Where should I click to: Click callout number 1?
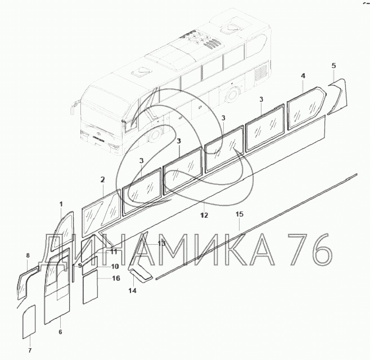coord(61,204)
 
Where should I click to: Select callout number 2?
coord(102,179)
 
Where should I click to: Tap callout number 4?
coord(303,76)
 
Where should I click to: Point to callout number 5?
coord(333,66)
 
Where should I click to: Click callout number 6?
coord(60,332)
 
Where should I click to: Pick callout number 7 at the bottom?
coord(30,350)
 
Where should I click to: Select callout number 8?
coord(28,255)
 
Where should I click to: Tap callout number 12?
coord(204,215)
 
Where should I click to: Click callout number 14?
coord(132,291)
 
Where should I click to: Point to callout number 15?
coord(240,214)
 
